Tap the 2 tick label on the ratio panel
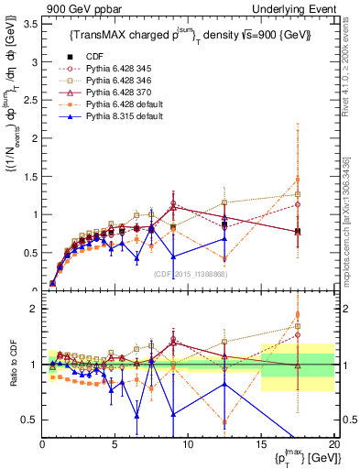34,309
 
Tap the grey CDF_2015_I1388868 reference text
190,274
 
